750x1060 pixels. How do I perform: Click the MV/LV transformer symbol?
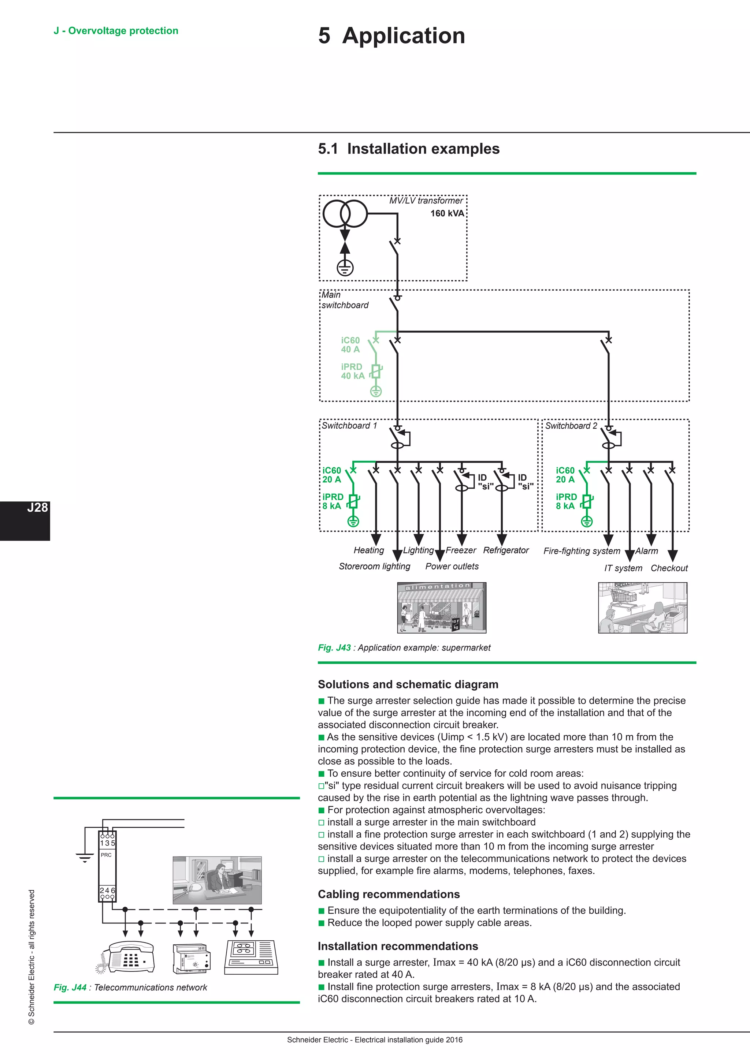coord(345,214)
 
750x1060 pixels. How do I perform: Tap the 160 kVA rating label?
coord(447,213)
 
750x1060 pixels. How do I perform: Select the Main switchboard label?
coord(345,300)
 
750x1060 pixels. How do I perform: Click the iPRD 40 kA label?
coord(352,371)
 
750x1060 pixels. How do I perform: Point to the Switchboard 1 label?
coord(349,426)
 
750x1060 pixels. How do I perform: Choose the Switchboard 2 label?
coord(571,426)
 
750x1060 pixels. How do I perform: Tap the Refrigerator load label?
coord(506,550)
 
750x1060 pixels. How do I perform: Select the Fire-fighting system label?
coord(582,551)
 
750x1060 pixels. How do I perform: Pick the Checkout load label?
coord(669,568)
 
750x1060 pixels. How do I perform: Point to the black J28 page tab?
coord(25,520)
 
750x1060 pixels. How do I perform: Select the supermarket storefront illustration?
coord(442,608)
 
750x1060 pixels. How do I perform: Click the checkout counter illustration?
coord(642,608)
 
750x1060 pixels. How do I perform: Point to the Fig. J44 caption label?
coord(130,988)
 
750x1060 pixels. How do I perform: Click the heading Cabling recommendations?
coord(389,894)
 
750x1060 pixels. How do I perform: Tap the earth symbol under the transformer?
coord(345,267)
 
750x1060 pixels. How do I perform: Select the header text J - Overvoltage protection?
coord(116,31)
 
